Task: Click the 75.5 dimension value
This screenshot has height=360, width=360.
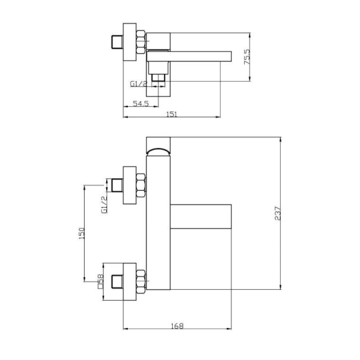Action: [x=247, y=57]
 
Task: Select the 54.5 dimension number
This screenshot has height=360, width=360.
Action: [x=141, y=103]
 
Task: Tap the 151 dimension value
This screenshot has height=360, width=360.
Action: [x=172, y=114]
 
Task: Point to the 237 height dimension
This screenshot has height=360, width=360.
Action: [x=278, y=213]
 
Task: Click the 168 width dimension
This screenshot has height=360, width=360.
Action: [x=177, y=326]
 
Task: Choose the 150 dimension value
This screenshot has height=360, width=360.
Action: [x=82, y=233]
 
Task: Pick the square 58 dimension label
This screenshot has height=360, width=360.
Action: [x=100, y=282]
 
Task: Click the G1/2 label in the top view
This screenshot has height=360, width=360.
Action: [x=139, y=84]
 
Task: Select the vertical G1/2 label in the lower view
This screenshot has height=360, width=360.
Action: [x=104, y=205]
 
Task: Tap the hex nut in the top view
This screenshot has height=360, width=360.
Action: [x=141, y=42]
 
